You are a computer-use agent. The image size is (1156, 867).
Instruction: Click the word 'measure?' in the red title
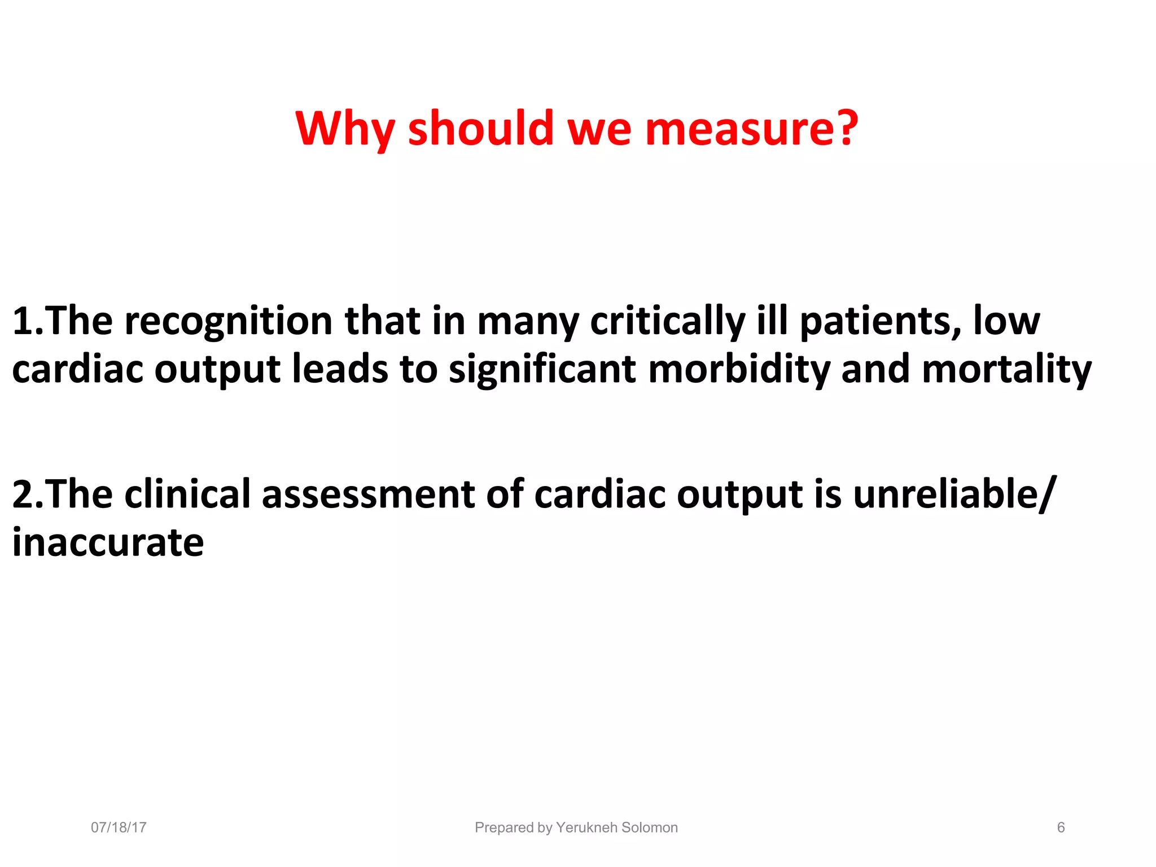751,129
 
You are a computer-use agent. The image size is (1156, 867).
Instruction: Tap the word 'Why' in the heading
344,129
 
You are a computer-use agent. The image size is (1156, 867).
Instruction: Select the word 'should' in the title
481,129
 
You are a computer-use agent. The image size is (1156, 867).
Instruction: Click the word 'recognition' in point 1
228,322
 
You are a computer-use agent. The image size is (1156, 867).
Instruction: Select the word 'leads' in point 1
340,370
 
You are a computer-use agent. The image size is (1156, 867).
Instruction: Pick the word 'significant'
542,370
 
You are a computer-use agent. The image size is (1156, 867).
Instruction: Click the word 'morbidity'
739,370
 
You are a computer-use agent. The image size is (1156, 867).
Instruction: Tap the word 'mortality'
1006,370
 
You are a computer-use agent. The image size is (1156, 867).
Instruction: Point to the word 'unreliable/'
953,494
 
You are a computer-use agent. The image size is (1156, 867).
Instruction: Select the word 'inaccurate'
108,542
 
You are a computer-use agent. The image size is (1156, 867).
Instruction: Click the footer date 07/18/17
119,827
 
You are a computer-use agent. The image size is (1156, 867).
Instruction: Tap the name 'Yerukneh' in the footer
586,827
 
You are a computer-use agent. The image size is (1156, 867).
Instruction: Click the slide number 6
1061,827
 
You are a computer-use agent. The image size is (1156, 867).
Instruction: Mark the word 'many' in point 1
528,322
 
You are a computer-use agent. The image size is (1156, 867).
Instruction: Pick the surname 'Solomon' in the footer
650,827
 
